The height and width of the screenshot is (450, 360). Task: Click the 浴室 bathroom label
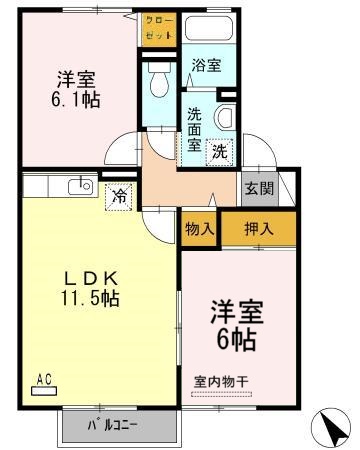click(207, 66)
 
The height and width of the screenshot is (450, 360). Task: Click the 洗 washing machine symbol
click(219, 153)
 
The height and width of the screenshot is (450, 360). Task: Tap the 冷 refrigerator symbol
click(120, 196)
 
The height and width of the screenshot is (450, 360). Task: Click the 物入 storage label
click(199, 227)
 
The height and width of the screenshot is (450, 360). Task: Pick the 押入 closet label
click(258, 227)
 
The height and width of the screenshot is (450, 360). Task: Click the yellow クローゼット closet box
click(159, 28)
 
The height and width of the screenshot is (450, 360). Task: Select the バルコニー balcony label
click(112, 424)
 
